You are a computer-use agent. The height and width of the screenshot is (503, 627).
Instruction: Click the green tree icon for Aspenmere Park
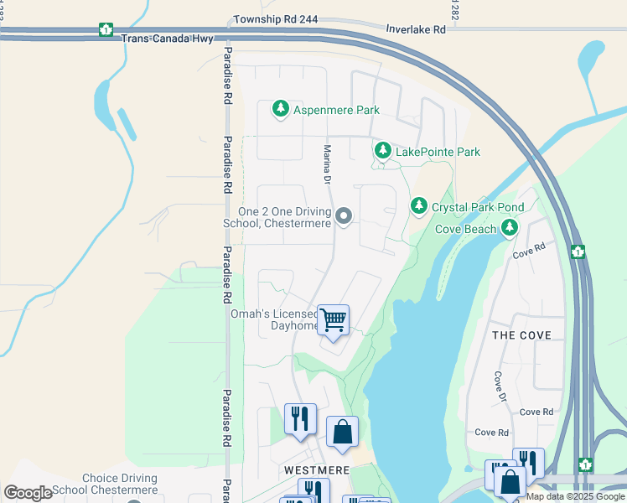pyautogui.click(x=281, y=109)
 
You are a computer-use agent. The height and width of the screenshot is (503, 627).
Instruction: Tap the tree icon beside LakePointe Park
pyautogui.click(x=383, y=151)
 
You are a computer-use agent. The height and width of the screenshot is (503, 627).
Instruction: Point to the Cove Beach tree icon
pyautogui.click(x=509, y=228)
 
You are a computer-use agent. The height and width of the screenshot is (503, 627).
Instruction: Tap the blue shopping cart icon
pyautogui.click(x=334, y=320)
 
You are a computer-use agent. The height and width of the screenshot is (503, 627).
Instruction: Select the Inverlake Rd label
pyautogui.click(x=415, y=29)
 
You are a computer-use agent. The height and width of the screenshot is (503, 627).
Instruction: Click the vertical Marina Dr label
pyautogui.click(x=328, y=164)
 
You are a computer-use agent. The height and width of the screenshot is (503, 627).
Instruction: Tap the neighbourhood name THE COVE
pyautogui.click(x=521, y=335)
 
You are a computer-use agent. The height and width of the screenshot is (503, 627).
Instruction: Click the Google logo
pyautogui.click(x=28, y=493)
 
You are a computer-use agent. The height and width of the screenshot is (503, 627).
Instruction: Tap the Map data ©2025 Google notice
pyautogui.click(x=575, y=496)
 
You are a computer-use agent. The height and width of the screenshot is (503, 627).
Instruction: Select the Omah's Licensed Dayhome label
pyautogui.click(x=274, y=320)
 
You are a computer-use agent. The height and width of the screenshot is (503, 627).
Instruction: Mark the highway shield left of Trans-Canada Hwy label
pyautogui.click(x=106, y=29)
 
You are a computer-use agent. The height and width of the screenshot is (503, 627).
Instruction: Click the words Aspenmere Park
pyautogui.click(x=336, y=110)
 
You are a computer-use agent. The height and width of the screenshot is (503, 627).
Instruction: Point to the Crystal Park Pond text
pyautogui.click(x=478, y=206)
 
